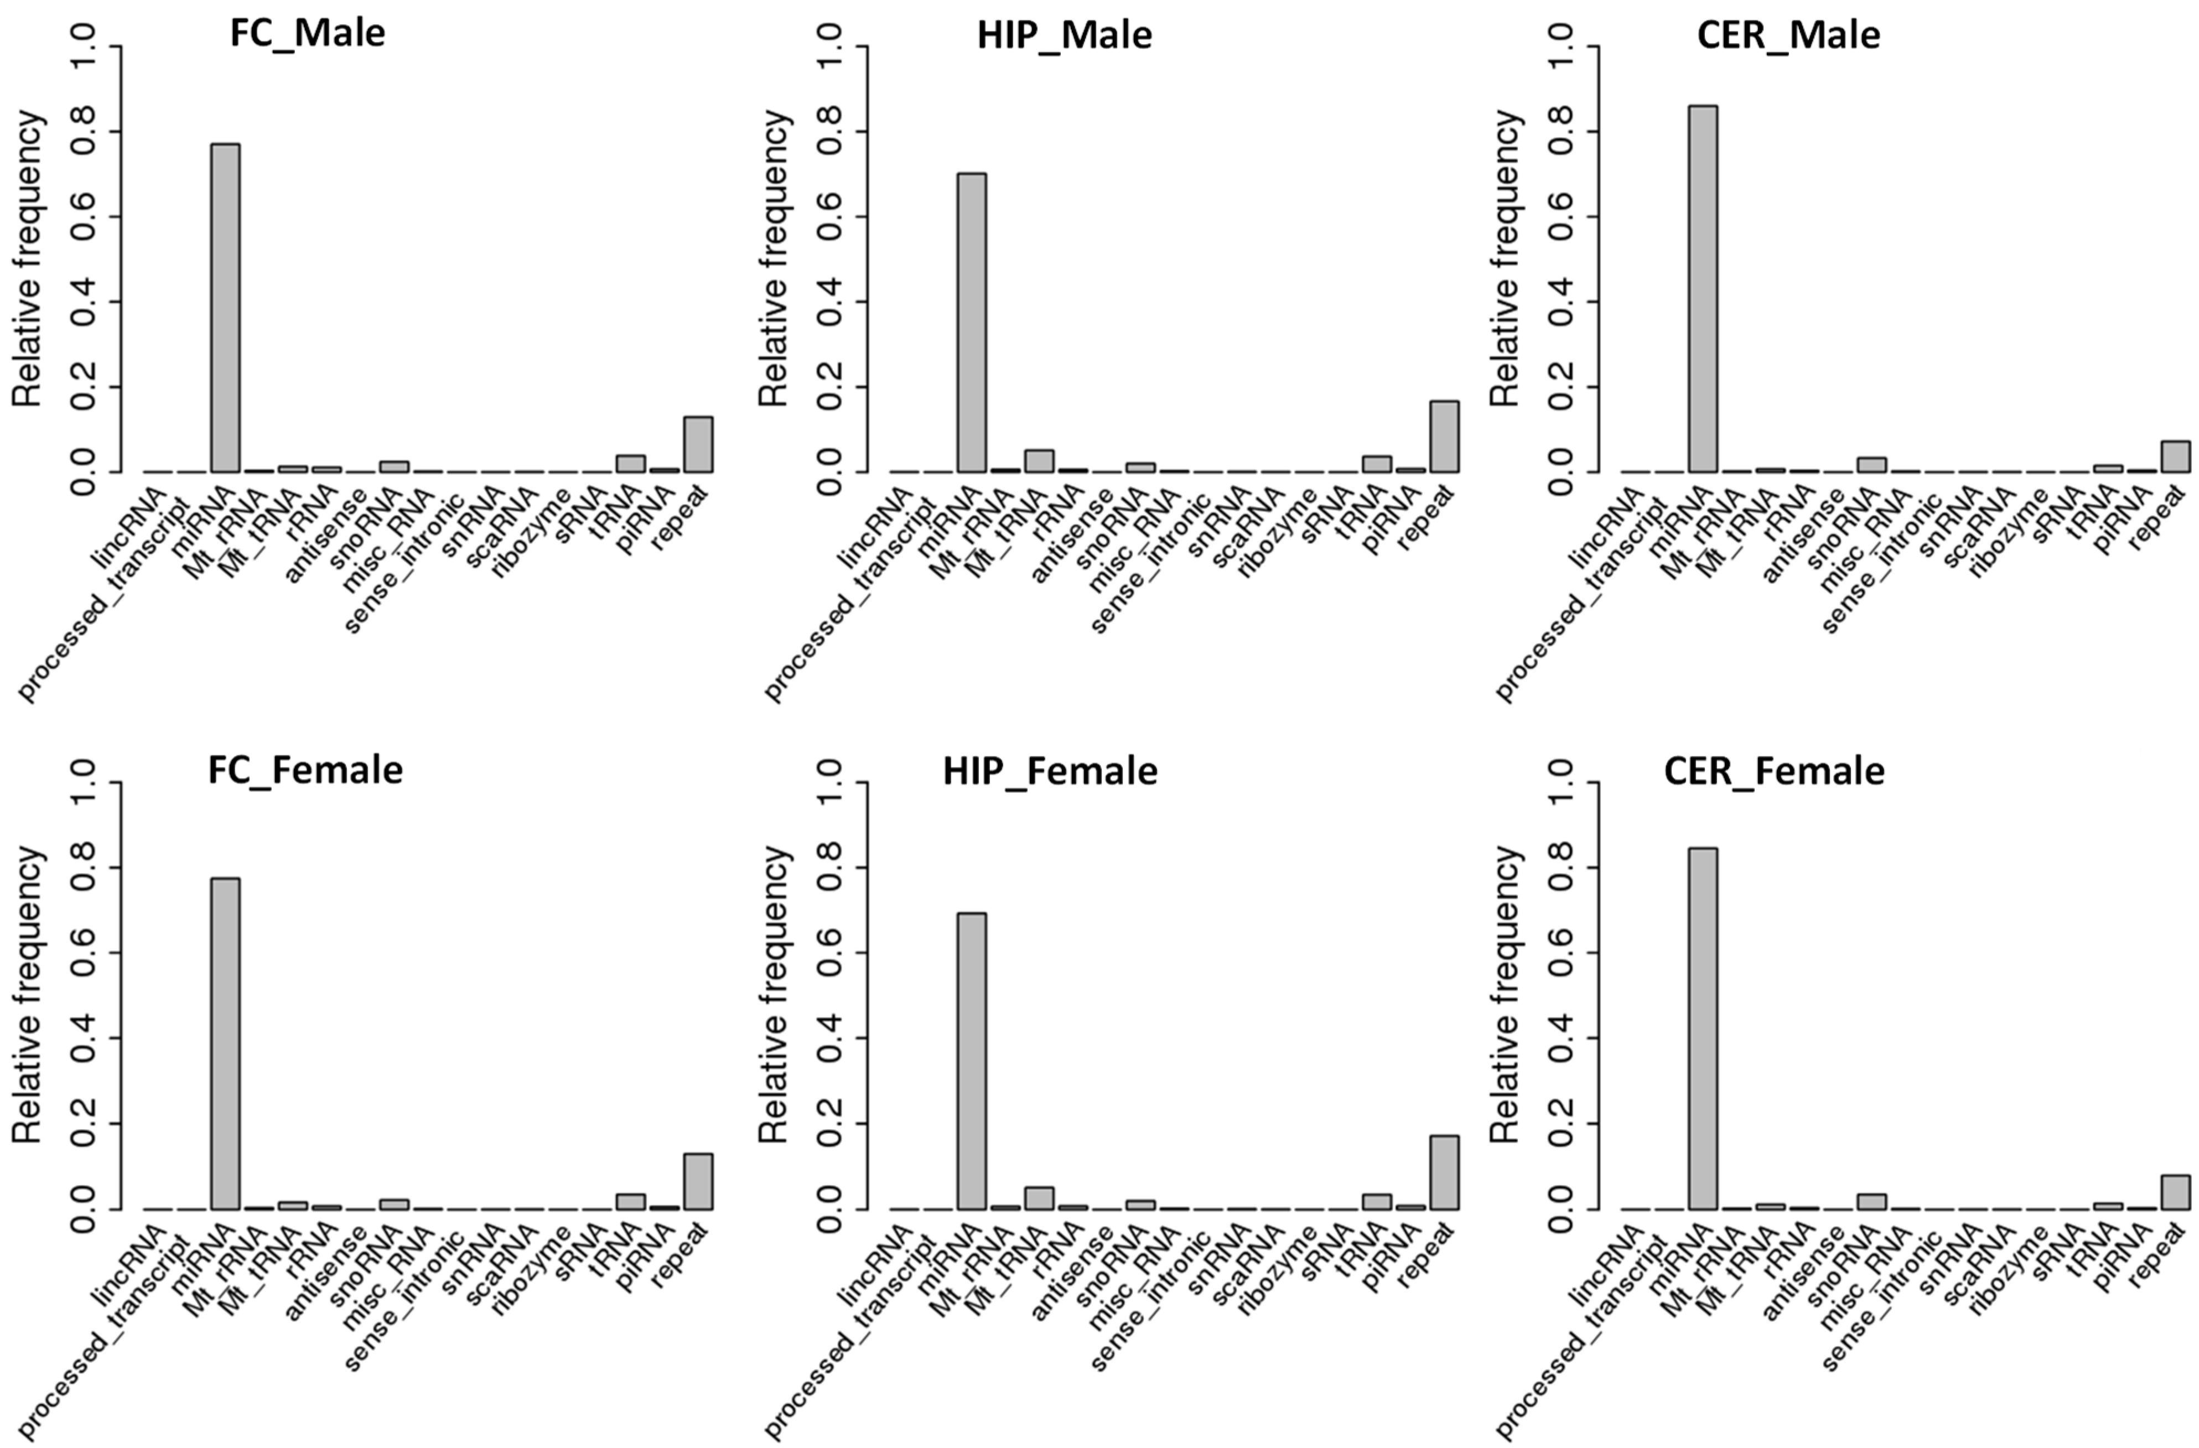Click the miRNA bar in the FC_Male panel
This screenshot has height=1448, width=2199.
225,308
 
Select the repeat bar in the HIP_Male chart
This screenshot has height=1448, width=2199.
1444,436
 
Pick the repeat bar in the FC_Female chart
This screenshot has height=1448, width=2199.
698,1181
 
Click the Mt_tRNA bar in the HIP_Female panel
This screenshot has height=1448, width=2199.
1039,1197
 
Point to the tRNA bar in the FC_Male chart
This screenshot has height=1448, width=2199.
631,463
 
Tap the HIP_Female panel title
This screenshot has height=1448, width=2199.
1050,771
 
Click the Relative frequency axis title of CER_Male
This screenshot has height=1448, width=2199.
1506,259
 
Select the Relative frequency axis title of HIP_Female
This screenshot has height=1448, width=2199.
774,995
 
